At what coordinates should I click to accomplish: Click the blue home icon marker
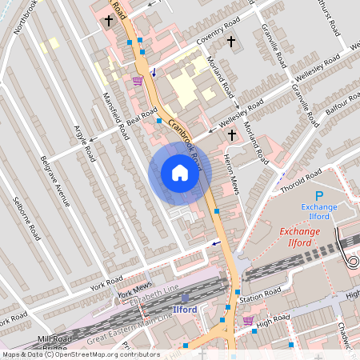180,173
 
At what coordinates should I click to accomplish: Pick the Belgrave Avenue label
55,180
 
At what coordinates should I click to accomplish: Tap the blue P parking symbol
319,196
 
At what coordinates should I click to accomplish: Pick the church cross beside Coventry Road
231,41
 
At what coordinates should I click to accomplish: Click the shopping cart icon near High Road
248,321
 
